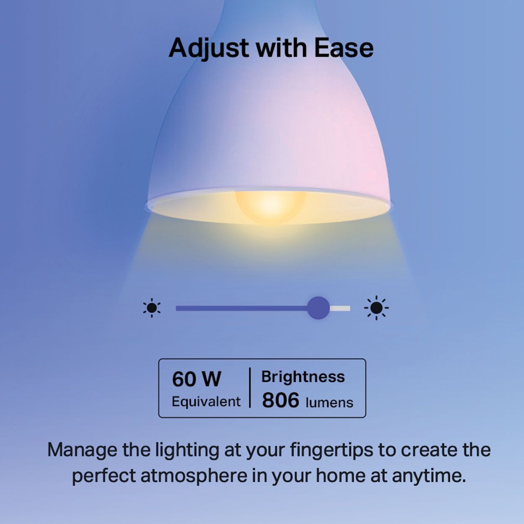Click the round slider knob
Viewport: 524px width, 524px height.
click(318, 308)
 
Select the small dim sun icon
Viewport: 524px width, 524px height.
click(152, 308)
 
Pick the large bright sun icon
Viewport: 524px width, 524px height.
click(376, 308)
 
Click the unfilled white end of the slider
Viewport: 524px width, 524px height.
click(340, 309)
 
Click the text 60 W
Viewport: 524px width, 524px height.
click(196, 379)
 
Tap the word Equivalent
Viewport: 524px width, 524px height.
click(206, 402)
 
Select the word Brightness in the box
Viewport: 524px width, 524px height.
click(303, 376)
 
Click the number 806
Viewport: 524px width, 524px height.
click(280, 400)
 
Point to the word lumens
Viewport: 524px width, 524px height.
click(329, 402)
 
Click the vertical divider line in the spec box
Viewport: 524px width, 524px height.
click(250, 388)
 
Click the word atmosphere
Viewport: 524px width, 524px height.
click(194, 476)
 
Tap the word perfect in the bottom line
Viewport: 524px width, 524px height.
click(103, 476)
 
